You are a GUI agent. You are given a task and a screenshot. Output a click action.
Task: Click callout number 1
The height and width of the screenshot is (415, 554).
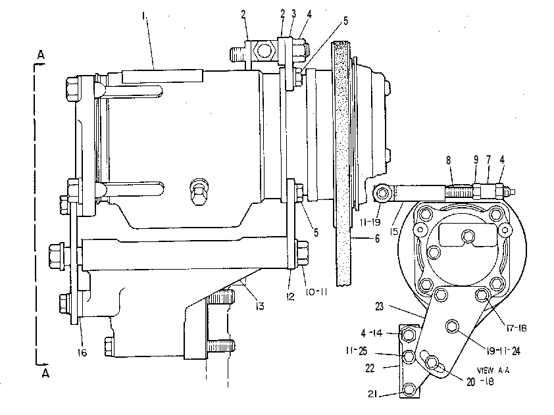(x=143, y=16)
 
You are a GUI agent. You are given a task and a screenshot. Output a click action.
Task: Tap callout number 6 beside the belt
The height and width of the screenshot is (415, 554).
(x=378, y=239)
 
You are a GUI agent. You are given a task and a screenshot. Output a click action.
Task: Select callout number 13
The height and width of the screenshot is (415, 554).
(x=260, y=306)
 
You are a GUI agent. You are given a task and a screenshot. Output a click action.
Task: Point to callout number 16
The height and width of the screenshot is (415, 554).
(x=82, y=353)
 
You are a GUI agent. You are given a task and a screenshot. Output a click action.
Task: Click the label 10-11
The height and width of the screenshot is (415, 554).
(x=316, y=292)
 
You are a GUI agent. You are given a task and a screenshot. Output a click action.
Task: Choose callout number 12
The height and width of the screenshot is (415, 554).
(x=290, y=297)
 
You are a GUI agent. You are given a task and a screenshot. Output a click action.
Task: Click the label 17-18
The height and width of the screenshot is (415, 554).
(x=516, y=328)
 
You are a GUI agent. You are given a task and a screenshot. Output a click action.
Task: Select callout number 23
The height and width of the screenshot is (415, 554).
(x=379, y=306)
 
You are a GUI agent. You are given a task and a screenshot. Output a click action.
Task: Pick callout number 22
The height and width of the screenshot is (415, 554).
(x=370, y=368)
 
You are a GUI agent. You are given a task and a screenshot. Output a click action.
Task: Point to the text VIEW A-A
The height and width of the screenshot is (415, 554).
(x=493, y=370)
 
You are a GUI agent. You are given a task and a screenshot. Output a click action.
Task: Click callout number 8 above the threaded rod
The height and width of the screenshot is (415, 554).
(x=448, y=160)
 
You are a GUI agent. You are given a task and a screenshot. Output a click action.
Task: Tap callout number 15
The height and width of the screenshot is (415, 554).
(x=394, y=232)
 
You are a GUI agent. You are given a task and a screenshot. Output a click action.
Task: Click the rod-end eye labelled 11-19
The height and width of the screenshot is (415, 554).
(x=382, y=193)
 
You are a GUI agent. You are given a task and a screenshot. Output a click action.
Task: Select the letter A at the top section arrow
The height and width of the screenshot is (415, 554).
(x=41, y=55)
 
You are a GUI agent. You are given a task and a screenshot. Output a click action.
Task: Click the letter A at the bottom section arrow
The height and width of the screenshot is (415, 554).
(x=45, y=374)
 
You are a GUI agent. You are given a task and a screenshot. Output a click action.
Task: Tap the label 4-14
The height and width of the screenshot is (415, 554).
(x=371, y=333)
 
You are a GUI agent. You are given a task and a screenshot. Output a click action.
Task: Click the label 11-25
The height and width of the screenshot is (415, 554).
(x=357, y=351)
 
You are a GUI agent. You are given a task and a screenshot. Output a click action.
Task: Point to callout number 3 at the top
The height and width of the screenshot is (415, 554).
(x=293, y=14)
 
